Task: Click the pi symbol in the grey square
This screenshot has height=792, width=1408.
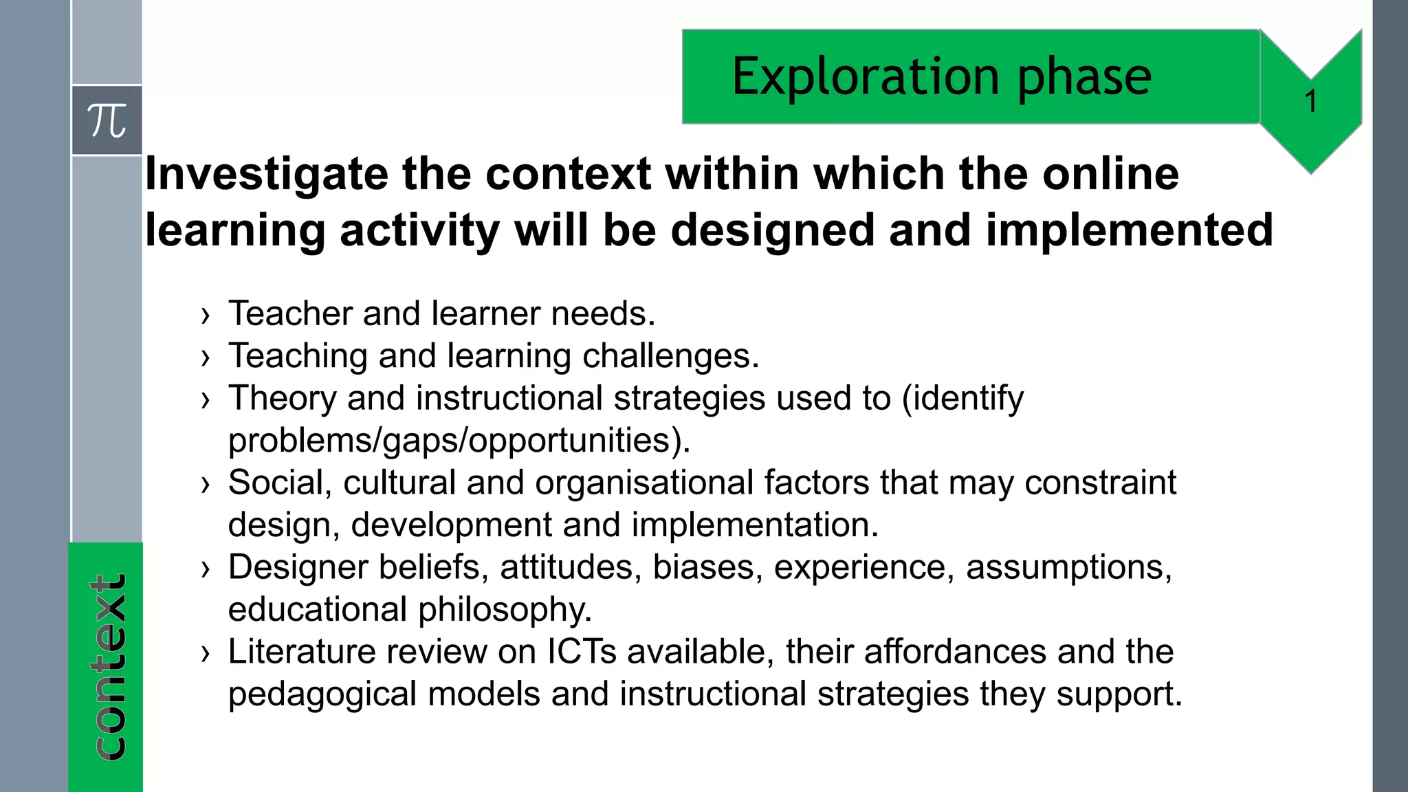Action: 107,121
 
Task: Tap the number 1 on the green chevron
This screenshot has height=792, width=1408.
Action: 1310,102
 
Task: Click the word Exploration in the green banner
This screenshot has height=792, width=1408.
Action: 866,76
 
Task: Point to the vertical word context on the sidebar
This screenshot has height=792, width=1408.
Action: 108,667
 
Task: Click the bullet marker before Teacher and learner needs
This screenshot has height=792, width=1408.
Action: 205,316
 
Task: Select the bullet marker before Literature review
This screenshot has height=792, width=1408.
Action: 205,654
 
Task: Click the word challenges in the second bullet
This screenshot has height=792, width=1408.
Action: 670,356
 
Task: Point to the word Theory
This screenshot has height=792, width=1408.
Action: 283,398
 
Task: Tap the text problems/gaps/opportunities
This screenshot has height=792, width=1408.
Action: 458,441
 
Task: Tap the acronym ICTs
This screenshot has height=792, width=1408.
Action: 582,652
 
